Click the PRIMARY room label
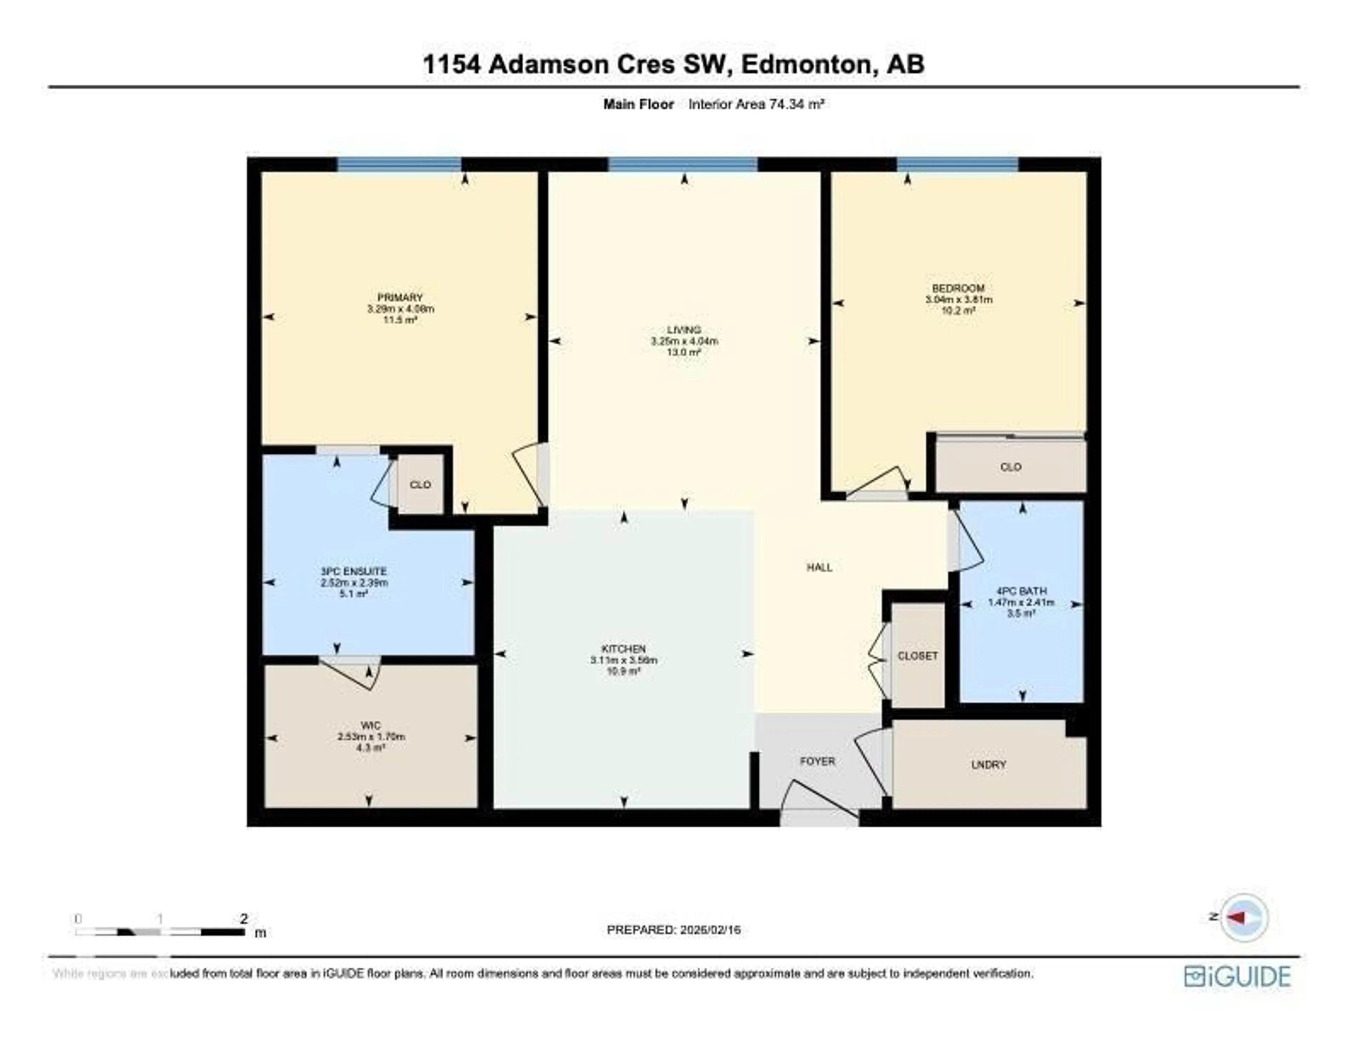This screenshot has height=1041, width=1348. [400, 298]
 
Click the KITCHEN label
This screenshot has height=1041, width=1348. [623, 648]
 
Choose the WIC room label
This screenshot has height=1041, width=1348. [370, 726]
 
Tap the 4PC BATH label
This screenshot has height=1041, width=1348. [1021, 590]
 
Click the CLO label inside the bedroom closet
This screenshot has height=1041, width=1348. [1010, 467]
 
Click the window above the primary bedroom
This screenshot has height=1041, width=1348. [399, 164]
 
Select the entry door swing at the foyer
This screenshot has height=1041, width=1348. [818, 802]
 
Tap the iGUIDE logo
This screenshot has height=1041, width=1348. [1237, 976]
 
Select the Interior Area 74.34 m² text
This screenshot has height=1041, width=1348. [756, 104]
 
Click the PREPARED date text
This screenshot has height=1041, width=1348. [673, 929]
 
